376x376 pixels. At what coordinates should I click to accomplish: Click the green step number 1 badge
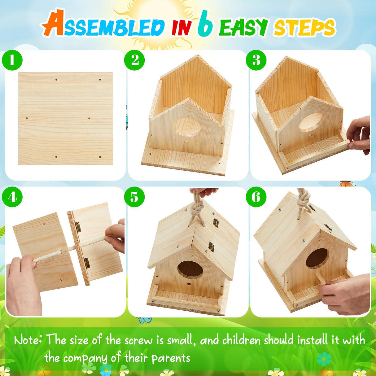click(x=12, y=60)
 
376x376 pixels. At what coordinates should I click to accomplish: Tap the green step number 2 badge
click(x=134, y=60)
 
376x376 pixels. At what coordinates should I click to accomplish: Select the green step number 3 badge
click(x=256, y=60)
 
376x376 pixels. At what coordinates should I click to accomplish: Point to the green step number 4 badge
click(x=12, y=197)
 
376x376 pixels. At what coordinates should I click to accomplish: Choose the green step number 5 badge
click(x=134, y=197)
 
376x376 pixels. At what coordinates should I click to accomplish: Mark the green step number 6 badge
click(x=256, y=197)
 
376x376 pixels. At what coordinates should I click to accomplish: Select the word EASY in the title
click(x=243, y=27)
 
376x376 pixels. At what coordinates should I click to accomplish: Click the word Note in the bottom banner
click(x=28, y=340)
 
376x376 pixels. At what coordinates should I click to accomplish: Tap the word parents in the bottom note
click(x=171, y=358)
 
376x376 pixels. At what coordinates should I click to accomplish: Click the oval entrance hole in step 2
click(x=187, y=127)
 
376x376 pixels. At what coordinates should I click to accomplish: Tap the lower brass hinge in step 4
click(x=87, y=263)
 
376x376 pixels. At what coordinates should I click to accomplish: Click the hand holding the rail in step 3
click(x=359, y=133)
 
